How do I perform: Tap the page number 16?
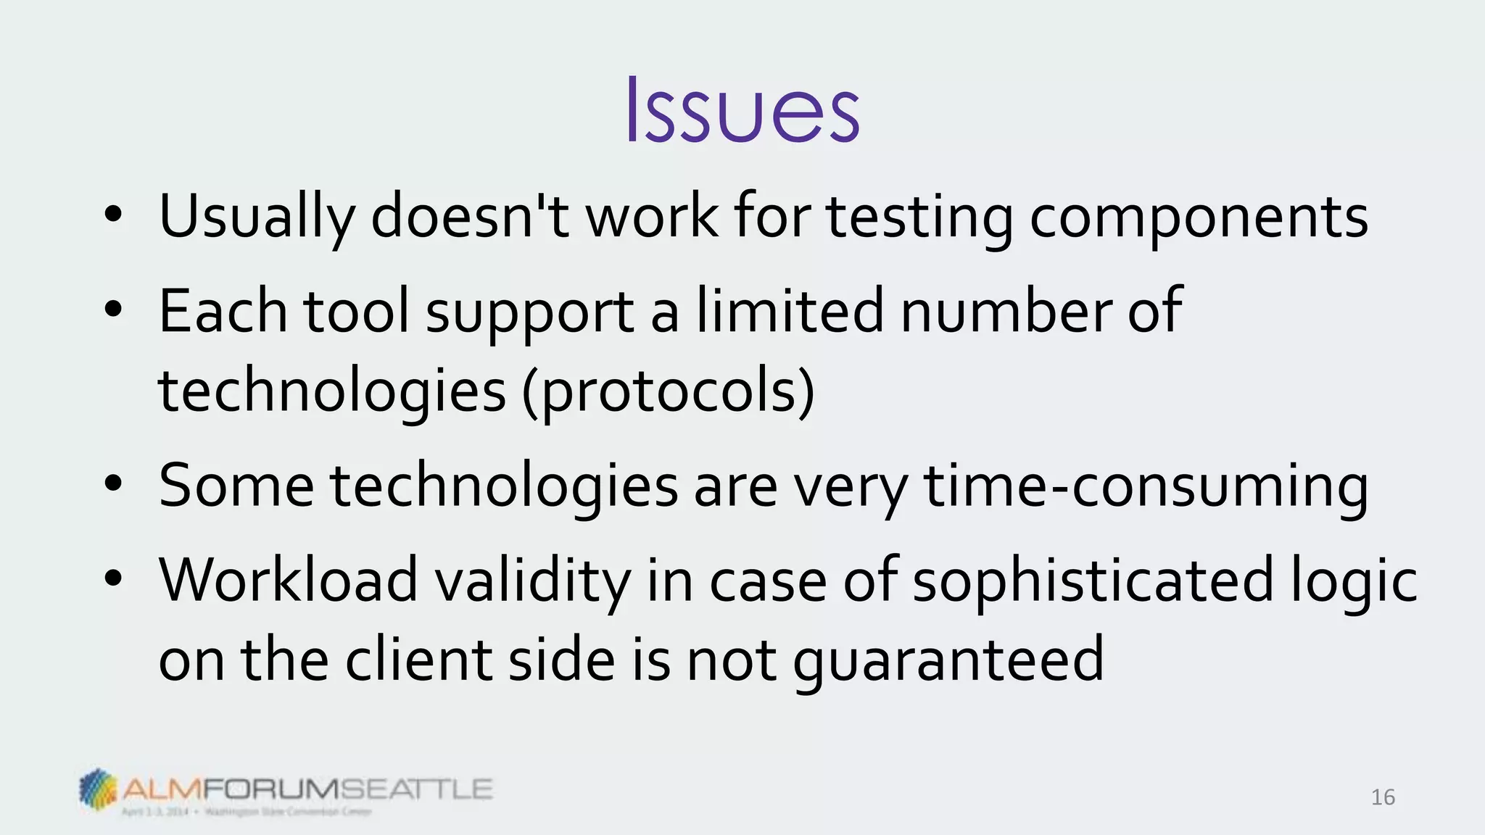click(1383, 797)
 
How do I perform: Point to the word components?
click(1199, 216)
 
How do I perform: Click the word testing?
click(920, 216)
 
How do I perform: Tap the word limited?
click(790, 311)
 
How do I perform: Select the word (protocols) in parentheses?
click(668, 391)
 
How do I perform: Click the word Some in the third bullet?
click(236, 485)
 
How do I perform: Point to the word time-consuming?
click(1146, 485)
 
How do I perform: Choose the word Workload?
click(289, 580)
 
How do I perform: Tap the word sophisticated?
click(1093, 580)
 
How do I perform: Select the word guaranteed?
click(948, 660)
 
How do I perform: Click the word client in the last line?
click(418, 660)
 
